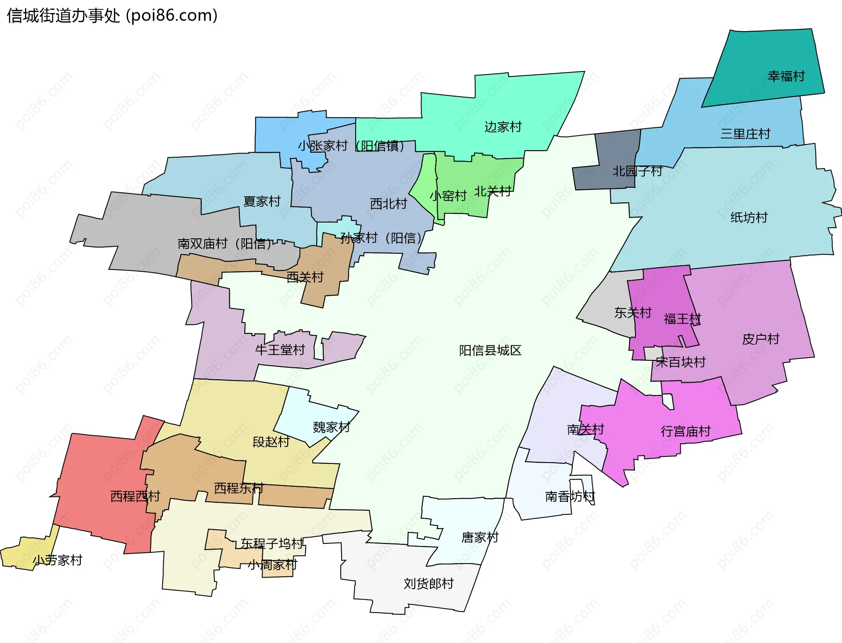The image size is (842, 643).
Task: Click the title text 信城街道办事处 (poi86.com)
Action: pos(112,16)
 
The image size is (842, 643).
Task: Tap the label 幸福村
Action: pos(786,76)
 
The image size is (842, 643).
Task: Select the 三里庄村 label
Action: pos(745,134)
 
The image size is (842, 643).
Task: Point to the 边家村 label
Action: pos(503,127)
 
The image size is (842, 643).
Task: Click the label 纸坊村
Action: pos(749,218)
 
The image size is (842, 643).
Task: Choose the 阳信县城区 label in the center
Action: pos(490,350)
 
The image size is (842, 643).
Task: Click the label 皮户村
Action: pos(760,339)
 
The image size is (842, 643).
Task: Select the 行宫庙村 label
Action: pos(685,431)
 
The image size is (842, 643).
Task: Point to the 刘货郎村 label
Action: pos(428,584)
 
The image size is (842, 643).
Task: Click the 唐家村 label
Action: pos(480,537)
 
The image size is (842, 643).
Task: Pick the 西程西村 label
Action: pos(135,496)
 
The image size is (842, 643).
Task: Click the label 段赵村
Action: pos(271,442)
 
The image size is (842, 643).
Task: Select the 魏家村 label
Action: pos(331,427)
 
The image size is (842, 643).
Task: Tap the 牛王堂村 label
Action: pos(280,350)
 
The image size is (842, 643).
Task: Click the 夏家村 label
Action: pos(262,201)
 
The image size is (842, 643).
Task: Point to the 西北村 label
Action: pos(388,204)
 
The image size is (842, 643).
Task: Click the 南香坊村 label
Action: pos(569,496)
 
